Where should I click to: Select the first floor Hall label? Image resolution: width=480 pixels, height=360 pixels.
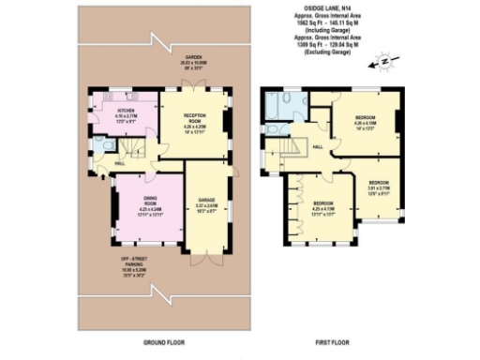tap(318, 148)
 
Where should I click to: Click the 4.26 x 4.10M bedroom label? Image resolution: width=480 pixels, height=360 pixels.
tap(365, 121)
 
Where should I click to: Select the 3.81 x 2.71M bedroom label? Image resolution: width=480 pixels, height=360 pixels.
tap(378, 184)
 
